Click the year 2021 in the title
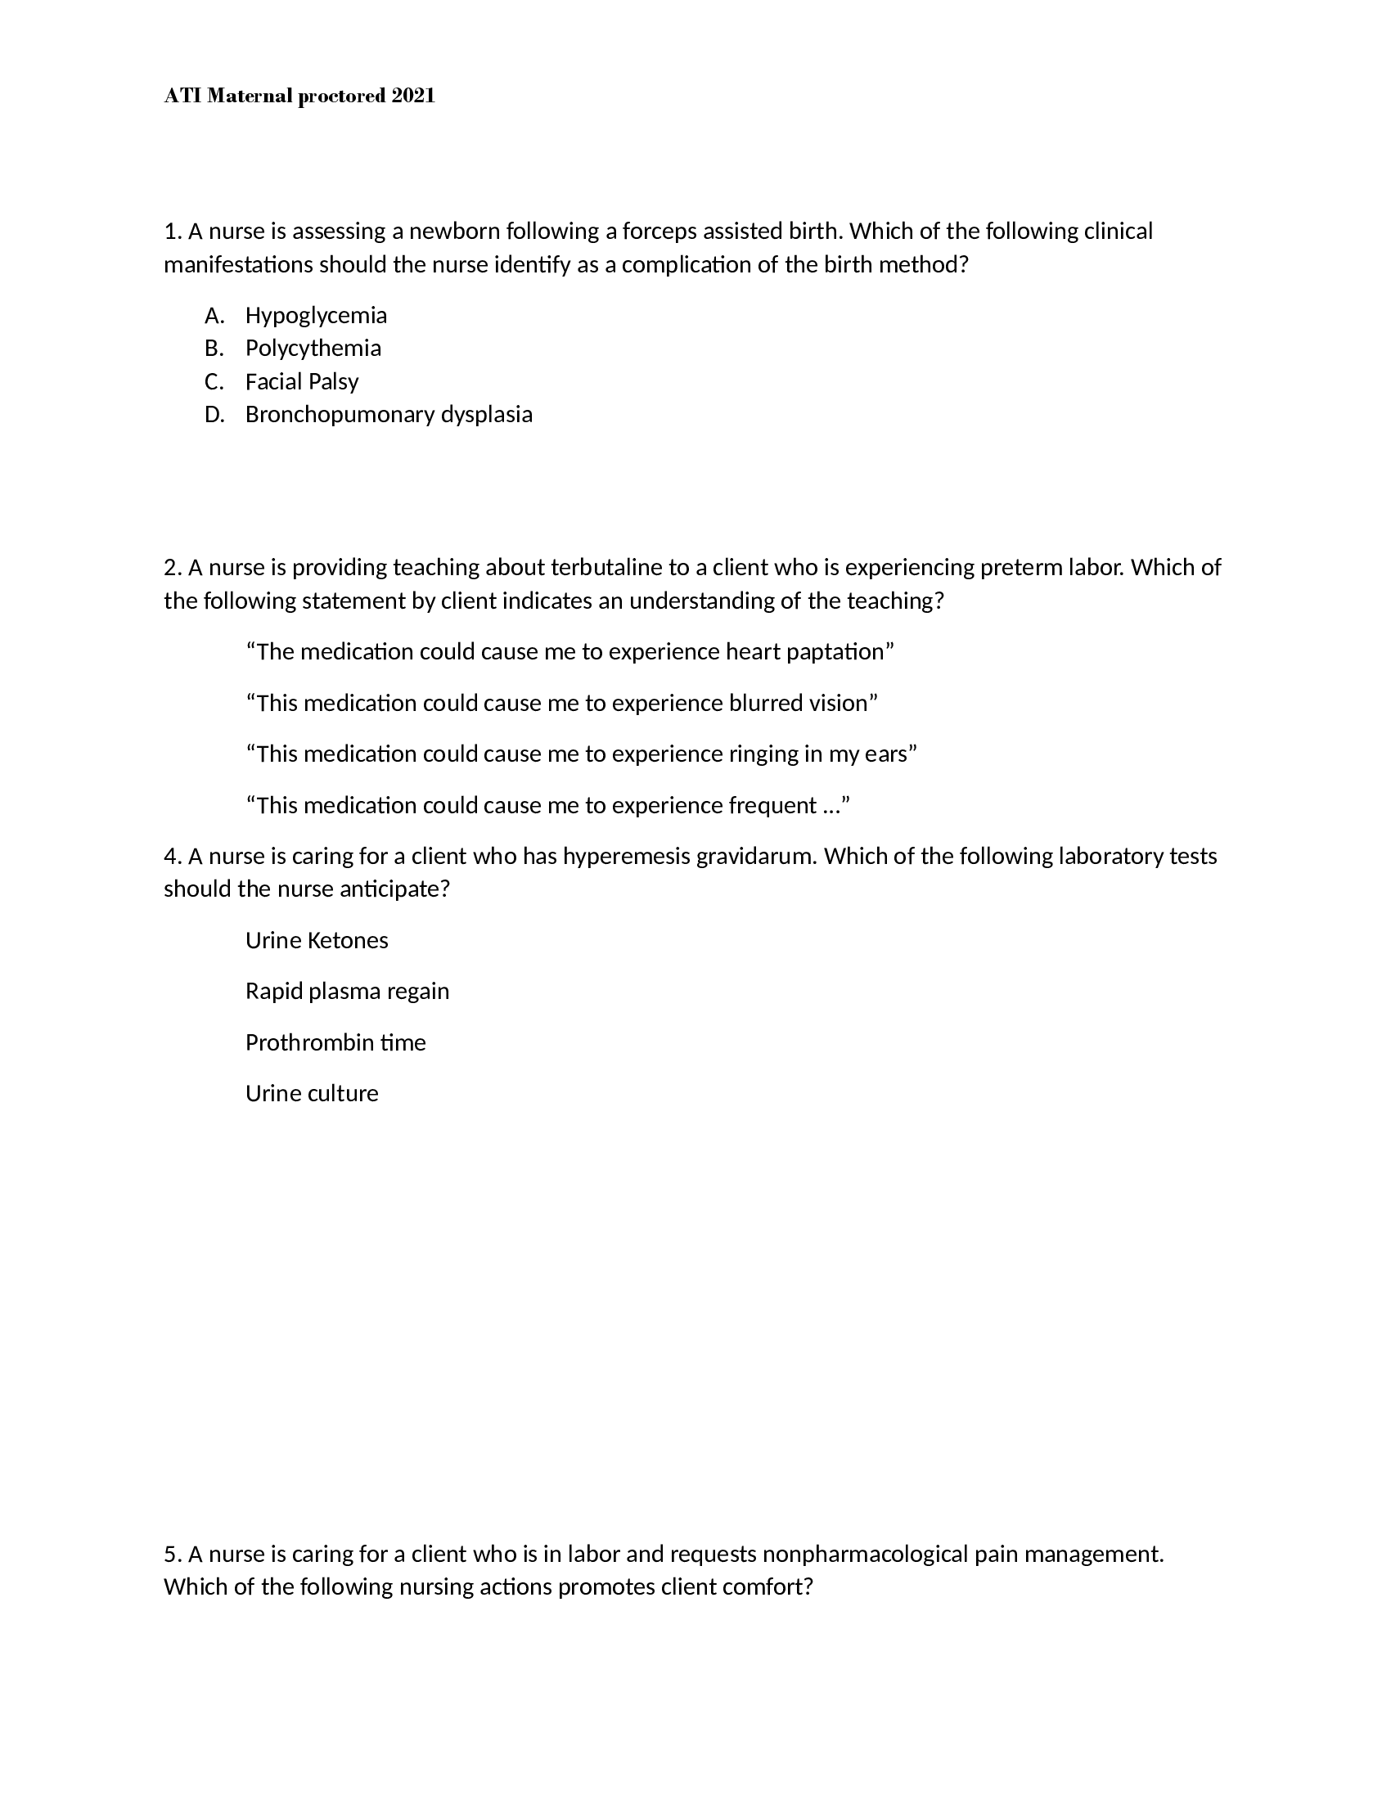(413, 97)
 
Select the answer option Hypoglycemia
(316, 316)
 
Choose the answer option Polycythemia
(313, 349)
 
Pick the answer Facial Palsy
(302, 381)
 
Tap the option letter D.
(214, 415)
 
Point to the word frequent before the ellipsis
(772, 805)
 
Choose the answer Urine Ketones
(317, 940)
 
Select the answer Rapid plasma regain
(347, 992)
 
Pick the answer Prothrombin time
(335, 1042)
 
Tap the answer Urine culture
(312, 1094)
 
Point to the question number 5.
(171, 1555)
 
